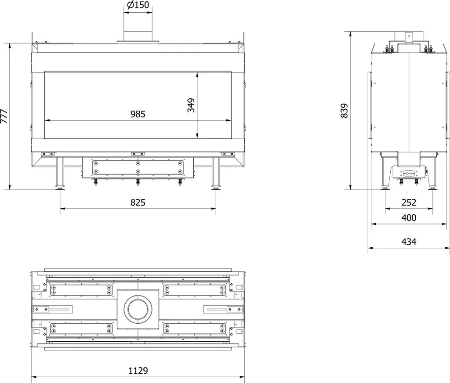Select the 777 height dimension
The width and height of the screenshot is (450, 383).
pos(4,116)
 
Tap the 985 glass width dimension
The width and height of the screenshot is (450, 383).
pos(138,114)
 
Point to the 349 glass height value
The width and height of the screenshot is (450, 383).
pos(191,105)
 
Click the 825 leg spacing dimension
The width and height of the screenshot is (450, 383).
pos(138,202)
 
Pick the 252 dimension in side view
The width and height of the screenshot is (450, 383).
pos(409,202)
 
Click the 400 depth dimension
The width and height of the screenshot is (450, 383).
pos(409,218)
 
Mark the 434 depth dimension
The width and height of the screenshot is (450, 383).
pos(409,242)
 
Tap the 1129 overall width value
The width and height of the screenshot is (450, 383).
pos(138,370)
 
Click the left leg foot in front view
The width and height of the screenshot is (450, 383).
pos(60,188)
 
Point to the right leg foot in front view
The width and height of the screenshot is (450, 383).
pos(216,188)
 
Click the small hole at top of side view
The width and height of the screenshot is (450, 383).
pos(409,36)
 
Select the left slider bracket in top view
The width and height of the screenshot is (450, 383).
pos(53,309)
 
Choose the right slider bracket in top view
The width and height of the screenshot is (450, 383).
pos(223,309)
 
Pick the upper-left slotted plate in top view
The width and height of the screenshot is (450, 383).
pos(81,290)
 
